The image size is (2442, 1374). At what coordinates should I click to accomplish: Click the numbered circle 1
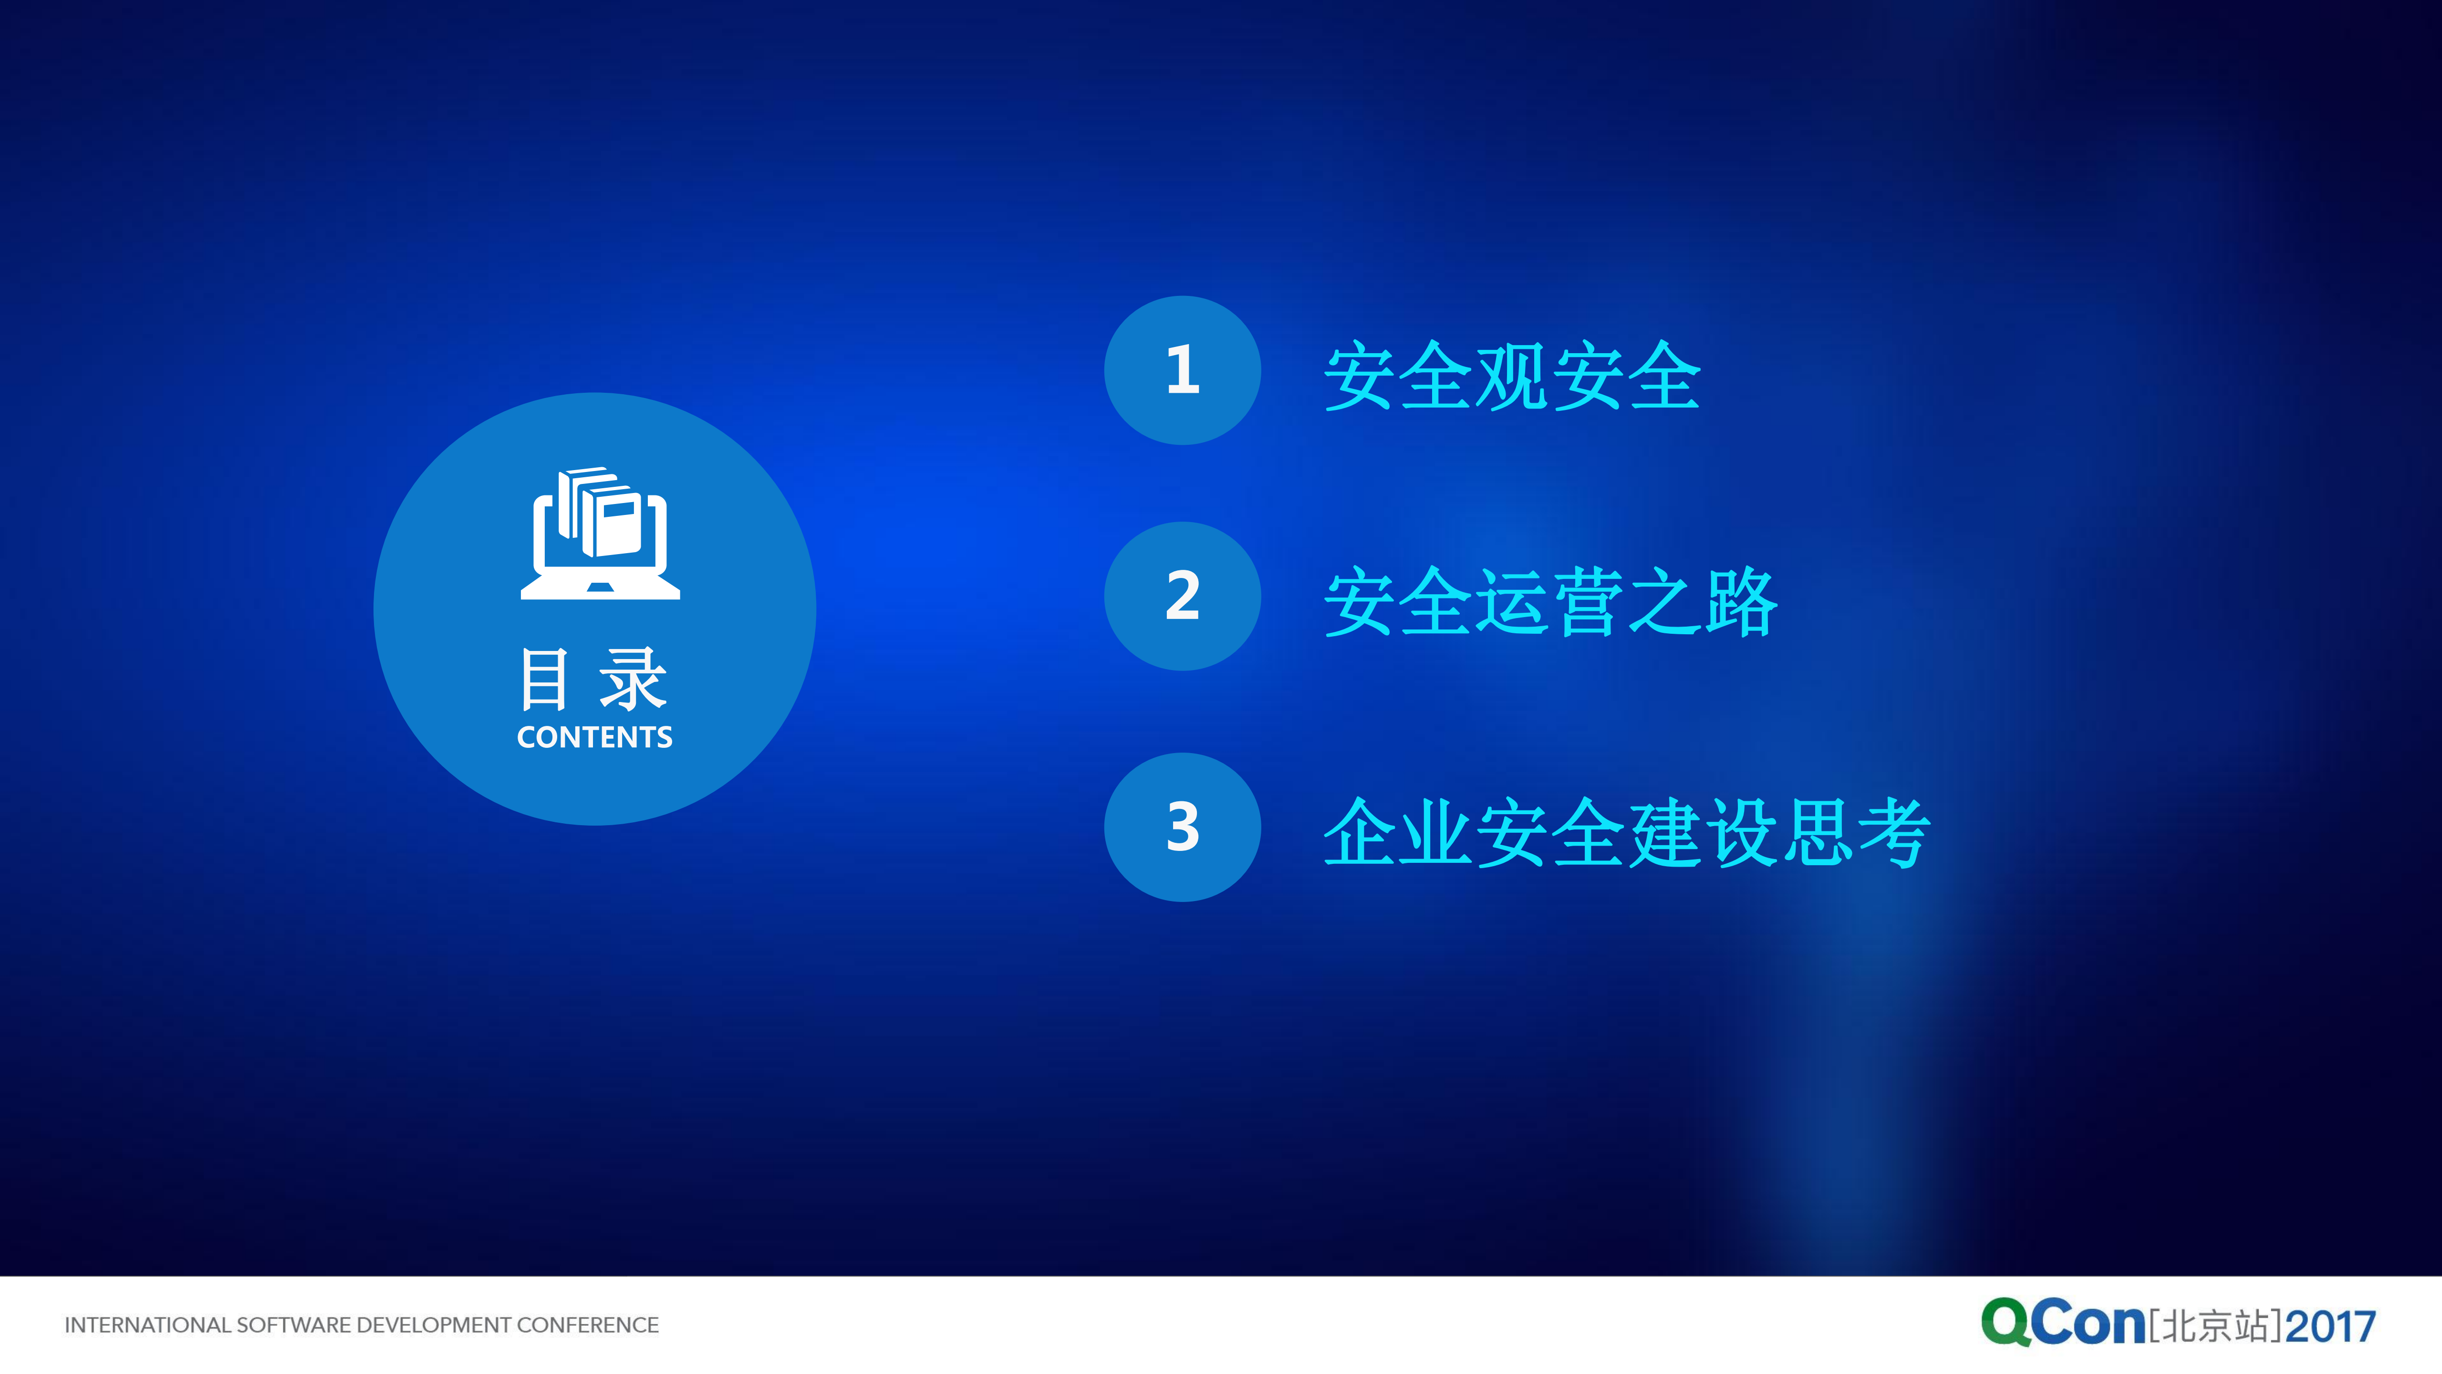1182,370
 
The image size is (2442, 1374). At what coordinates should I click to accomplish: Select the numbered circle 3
1182,827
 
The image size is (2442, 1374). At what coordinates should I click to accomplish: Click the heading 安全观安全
1512,377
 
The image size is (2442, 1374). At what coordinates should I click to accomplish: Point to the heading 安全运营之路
1550,602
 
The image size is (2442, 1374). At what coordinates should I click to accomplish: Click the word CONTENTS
594,737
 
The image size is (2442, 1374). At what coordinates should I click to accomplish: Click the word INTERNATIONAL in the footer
147,1325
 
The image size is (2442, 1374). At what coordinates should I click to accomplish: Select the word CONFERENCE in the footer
588,1325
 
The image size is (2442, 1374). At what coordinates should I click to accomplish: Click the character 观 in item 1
1512,377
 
